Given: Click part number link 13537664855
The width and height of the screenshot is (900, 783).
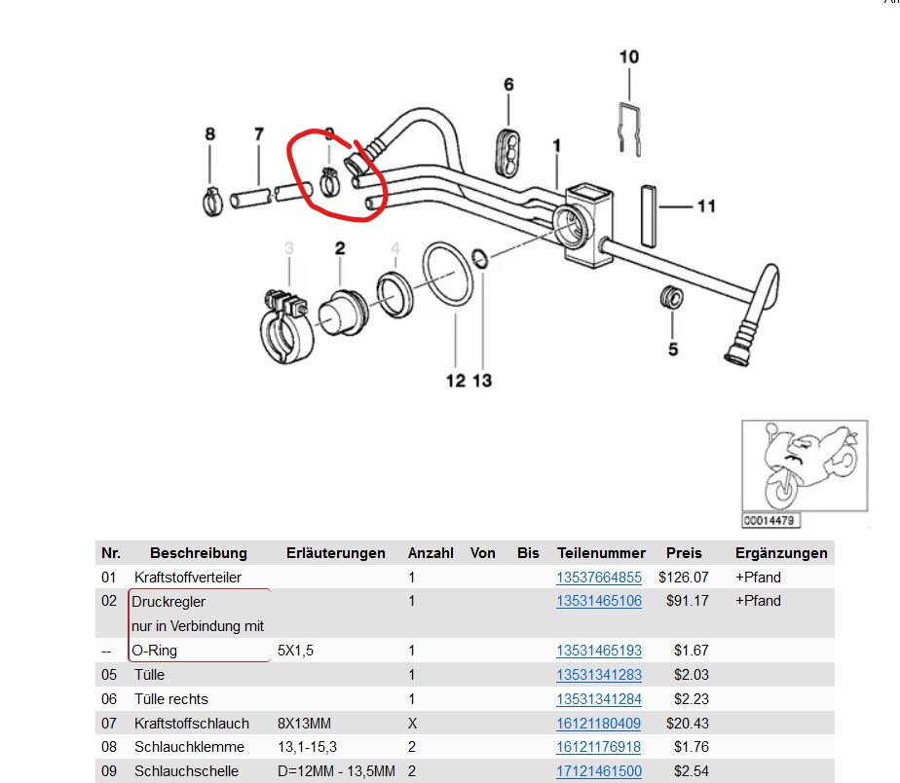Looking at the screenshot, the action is (x=599, y=578).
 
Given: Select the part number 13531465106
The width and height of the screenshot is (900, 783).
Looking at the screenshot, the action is (x=599, y=601).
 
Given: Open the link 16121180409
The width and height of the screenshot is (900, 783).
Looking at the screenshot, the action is (x=598, y=724).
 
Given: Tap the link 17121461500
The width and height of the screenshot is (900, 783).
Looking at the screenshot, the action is (x=599, y=771).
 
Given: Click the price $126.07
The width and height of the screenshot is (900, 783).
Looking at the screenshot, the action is (x=684, y=578).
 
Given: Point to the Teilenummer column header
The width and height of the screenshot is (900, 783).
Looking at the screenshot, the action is (x=601, y=553).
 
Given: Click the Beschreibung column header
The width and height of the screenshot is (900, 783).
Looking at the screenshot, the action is (x=199, y=553).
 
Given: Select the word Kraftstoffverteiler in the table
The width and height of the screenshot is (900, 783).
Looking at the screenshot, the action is (x=188, y=578).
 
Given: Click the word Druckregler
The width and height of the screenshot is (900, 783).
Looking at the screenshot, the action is (x=169, y=602).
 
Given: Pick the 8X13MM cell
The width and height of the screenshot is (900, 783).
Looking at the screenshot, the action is (x=304, y=724).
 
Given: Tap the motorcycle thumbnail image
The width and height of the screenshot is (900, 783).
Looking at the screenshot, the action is (x=805, y=466).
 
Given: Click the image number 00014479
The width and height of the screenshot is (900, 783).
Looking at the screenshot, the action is (x=769, y=521).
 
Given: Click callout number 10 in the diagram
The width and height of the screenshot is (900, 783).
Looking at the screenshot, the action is (x=629, y=56).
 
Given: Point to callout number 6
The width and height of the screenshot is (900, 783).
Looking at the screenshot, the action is (x=508, y=85).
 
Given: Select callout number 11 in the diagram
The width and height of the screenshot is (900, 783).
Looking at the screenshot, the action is (x=706, y=206).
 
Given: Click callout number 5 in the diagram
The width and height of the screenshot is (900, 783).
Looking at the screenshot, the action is (x=673, y=349).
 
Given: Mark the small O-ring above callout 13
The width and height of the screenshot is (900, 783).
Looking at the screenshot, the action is (x=480, y=259).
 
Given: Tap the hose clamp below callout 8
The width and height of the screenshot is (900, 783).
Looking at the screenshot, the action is (x=212, y=202).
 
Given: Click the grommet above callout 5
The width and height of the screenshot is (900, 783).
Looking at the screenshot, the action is (x=671, y=296).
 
